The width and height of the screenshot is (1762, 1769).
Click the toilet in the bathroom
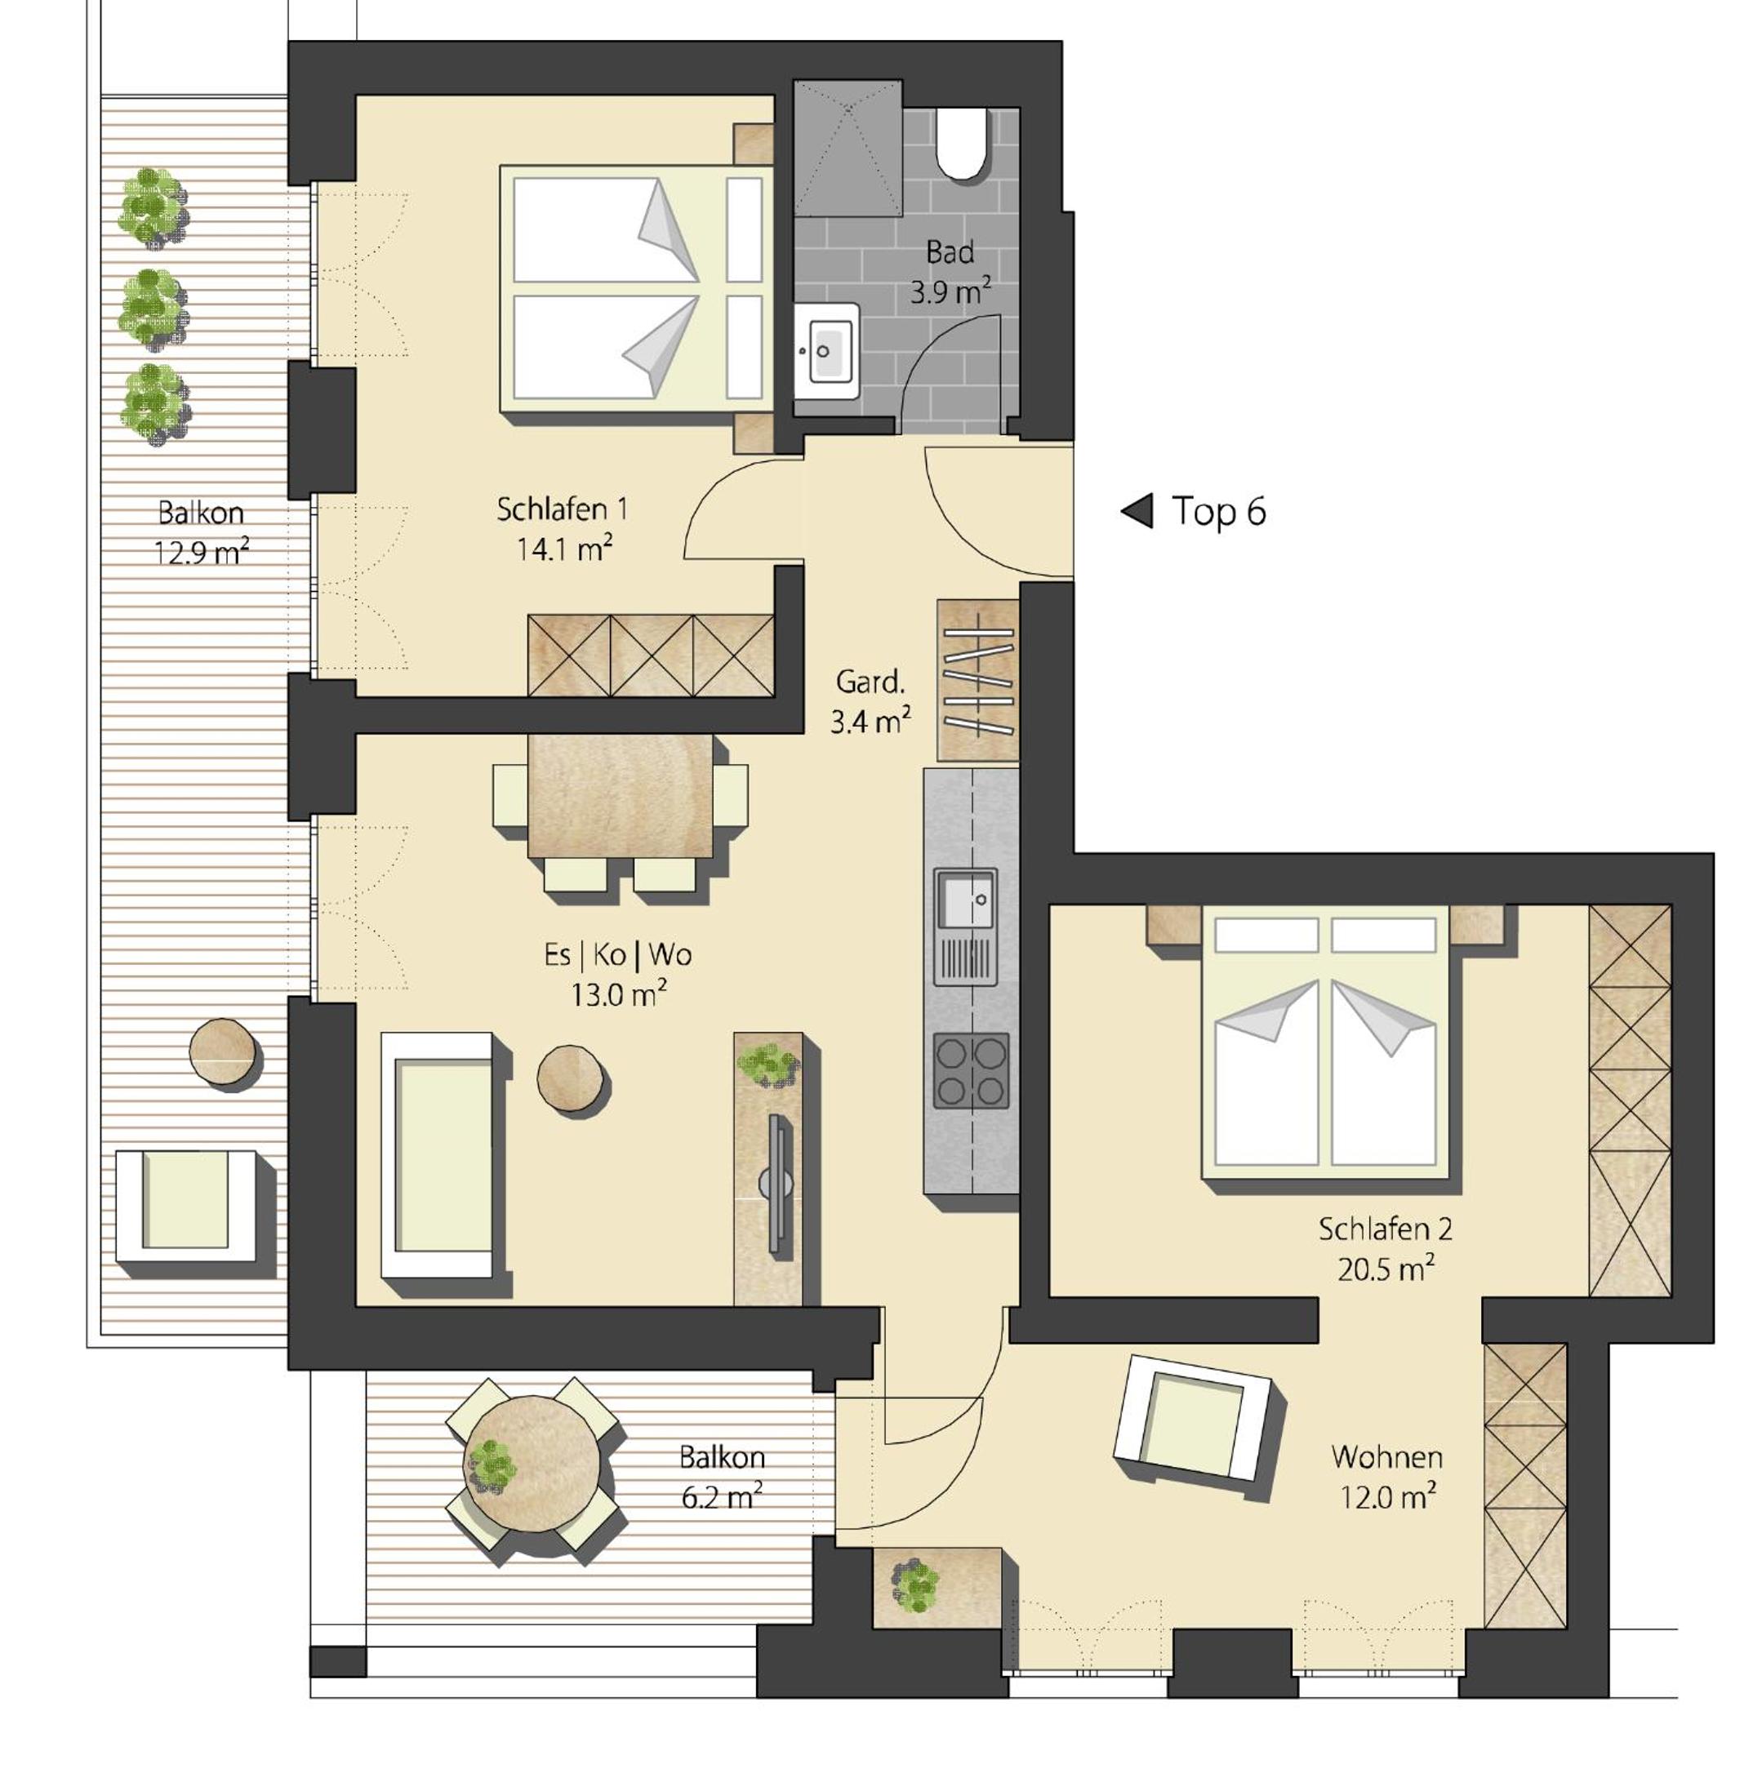tap(961, 144)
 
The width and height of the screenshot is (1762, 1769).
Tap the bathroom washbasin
tap(826, 351)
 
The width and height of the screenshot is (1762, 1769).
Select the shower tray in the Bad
tap(848, 149)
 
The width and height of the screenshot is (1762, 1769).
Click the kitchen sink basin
tap(964, 898)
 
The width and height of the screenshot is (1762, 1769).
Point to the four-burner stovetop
tap(971, 1071)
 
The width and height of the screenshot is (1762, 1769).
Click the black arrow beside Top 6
tap(1137, 511)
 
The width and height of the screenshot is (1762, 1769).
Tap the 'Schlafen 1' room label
tap(563, 509)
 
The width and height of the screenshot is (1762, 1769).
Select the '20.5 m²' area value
tap(1386, 1269)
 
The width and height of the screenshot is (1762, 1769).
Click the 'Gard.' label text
tap(870, 682)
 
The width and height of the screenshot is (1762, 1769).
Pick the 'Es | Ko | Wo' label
tap(617, 955)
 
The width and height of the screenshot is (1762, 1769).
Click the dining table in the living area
tap(620, 796)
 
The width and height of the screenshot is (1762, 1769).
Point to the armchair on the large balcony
tap(186, 1205)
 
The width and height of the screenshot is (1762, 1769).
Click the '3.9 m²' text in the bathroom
tap(950, 292)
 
